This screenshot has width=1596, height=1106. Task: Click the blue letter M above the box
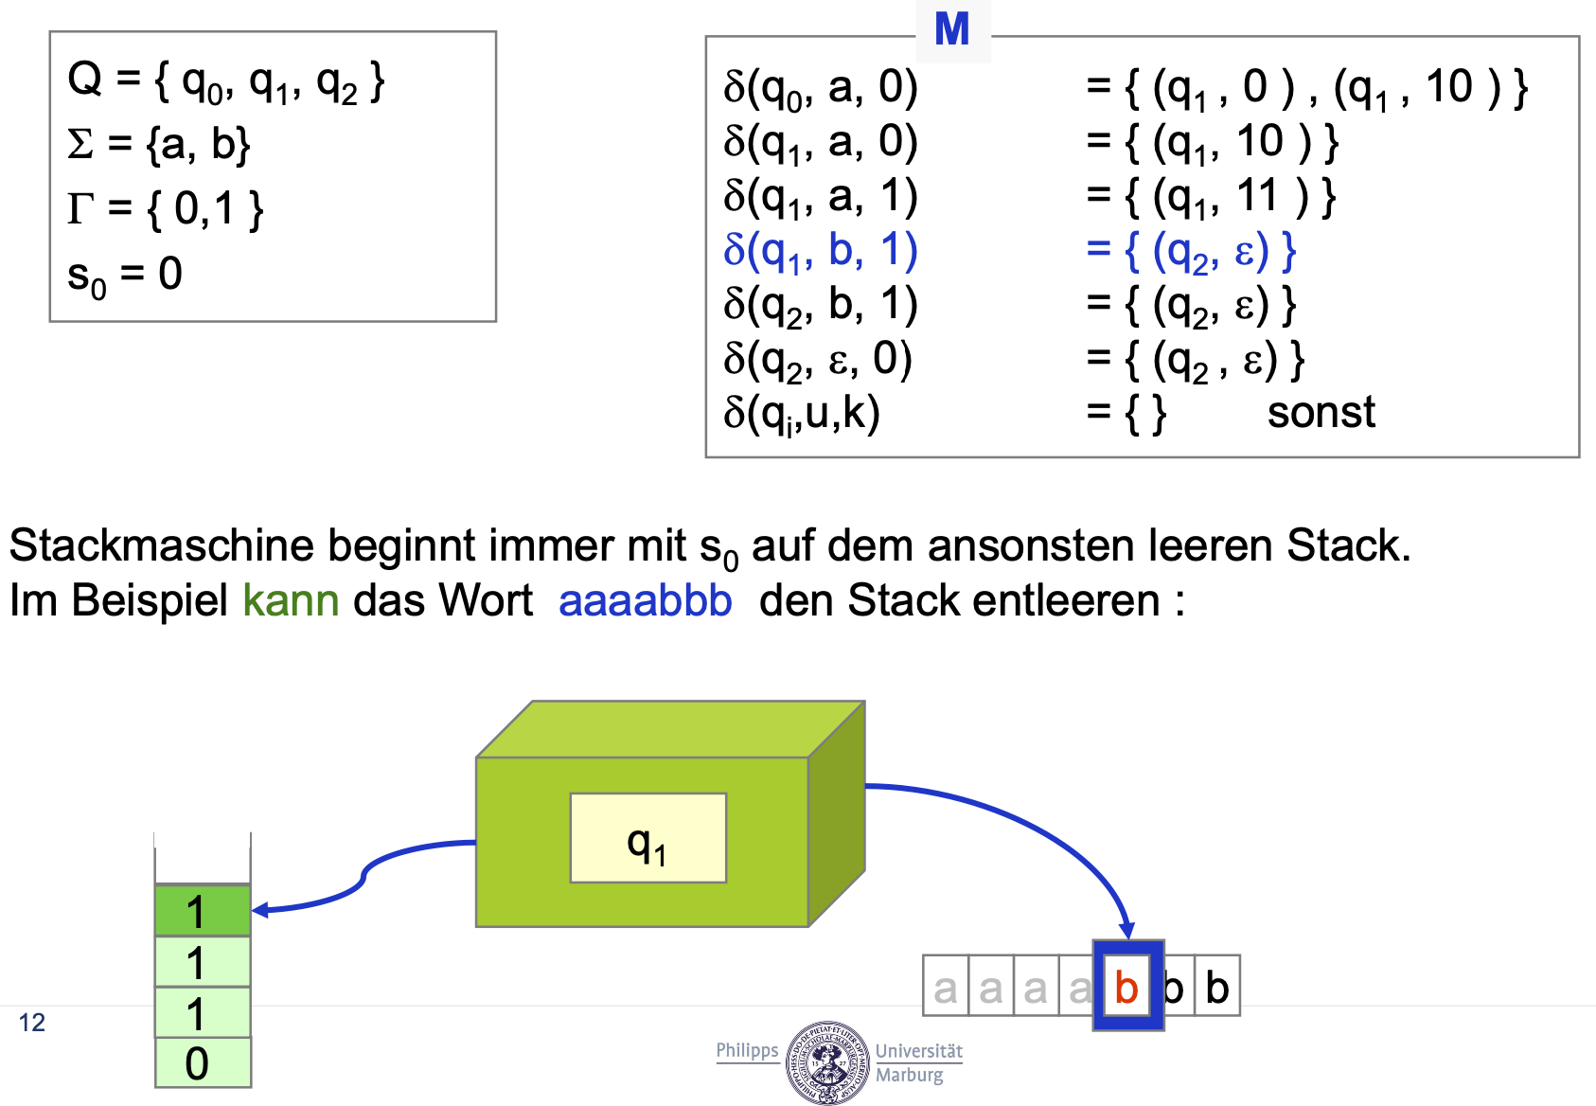(951, 29)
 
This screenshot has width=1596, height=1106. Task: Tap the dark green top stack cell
(203, 911)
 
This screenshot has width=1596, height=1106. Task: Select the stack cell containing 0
(203, 1062)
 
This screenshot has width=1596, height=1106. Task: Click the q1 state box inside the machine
(647, 839)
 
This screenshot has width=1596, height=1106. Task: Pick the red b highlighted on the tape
(1126, 987)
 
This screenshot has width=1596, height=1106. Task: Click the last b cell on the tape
(1217, 987)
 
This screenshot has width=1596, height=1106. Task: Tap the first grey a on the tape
(945, 988)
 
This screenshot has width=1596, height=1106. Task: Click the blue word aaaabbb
(645, 600)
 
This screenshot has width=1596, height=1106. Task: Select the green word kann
(291, 600)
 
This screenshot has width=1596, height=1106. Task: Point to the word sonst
(1321, 413)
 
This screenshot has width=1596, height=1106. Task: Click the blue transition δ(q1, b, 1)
(820, 251)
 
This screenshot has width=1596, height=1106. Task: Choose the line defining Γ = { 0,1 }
(165, 208)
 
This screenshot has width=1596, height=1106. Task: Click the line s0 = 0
(124, 276)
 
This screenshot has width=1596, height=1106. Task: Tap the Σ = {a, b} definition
(158, 145)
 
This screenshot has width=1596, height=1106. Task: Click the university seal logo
(826, 1062)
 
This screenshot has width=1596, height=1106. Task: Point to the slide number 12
(31, 1023)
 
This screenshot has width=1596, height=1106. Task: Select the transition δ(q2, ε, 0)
(818, 360)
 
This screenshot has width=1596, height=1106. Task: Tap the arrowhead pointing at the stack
(260, 910)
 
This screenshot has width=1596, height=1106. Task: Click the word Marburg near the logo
(909, 1076)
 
